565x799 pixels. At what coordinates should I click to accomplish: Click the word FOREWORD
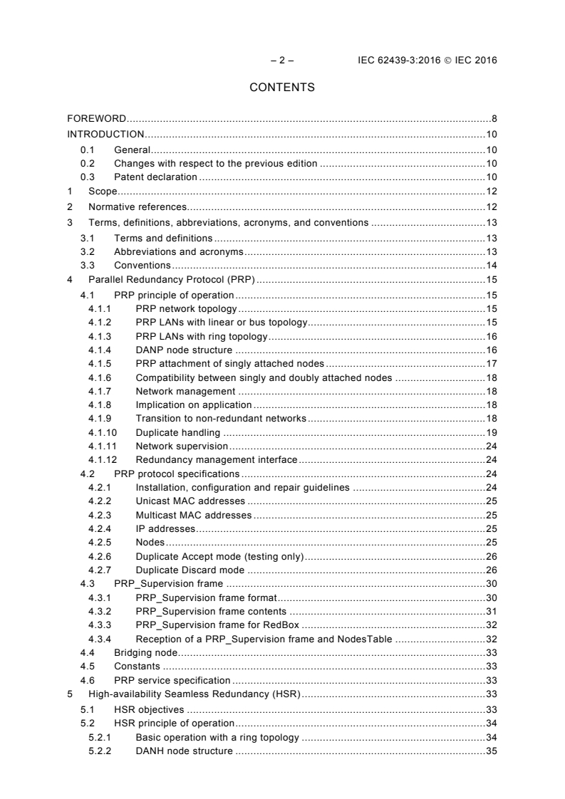[x=97, y=117]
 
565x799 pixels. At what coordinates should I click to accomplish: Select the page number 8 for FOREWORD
[x=494, y=117]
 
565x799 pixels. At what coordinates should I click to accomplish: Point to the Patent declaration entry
[x=155, y=177]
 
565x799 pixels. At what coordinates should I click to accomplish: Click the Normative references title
[x=138, y=207]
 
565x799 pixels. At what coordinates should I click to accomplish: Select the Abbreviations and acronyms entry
[x=179, y=251]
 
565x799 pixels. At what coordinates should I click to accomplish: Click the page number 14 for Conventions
[x=492, y=265]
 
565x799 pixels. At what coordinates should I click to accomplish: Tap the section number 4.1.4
[x=100, y=350]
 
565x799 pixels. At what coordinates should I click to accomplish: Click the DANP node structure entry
[x=183, y=350]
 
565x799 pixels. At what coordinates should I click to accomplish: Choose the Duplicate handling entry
[x=177, y=432]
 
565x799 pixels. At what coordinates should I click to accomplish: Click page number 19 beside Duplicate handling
[x=492, y=432]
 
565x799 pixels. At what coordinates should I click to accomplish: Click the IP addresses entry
[x=165, y=528]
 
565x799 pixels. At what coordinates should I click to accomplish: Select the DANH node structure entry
[x=183, y=751]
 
